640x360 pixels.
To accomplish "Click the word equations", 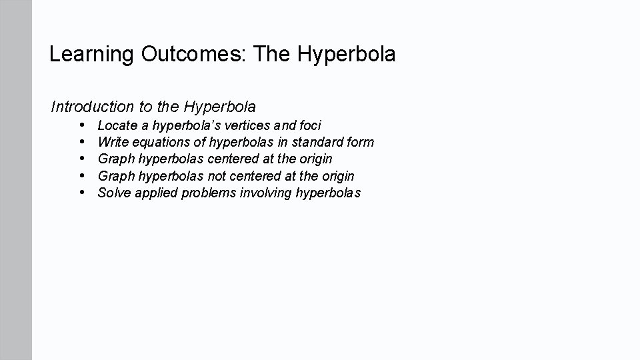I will pos(162,142).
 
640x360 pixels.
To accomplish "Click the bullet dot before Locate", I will pos(81,125).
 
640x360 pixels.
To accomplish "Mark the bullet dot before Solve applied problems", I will pos(81,193).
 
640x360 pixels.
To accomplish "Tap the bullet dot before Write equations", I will pos(81,141).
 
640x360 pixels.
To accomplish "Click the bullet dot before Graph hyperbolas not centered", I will pos(81,175).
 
